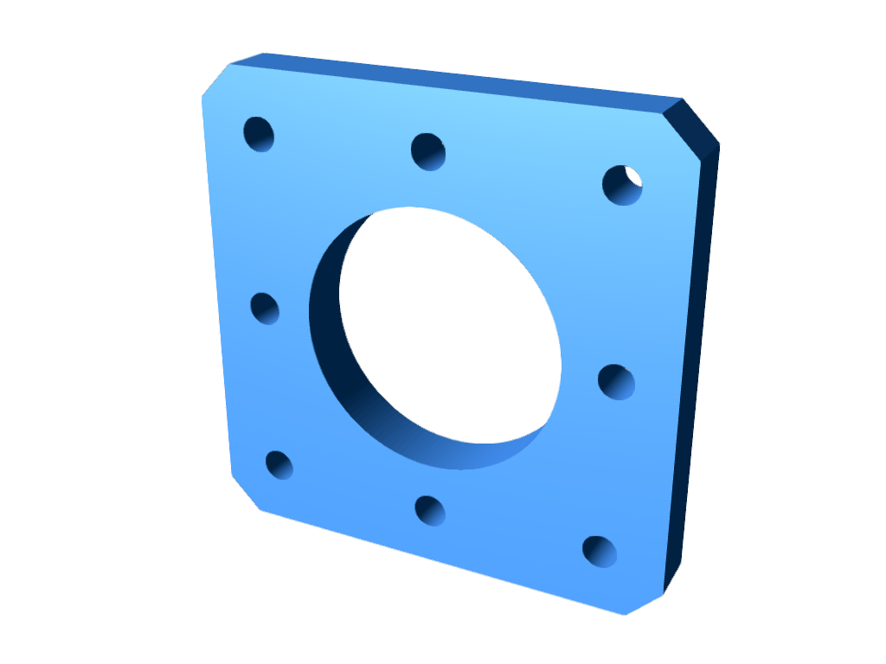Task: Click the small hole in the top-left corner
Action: pos(259,134)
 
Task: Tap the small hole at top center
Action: pos(428,151)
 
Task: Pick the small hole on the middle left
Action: pos(265,309)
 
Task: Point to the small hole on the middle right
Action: pos(616,382)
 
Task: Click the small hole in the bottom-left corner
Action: pos(279,465)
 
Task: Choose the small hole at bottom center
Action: pos(430,510)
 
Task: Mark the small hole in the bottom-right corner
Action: pos(600,552)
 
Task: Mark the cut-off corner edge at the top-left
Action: pos(215,80)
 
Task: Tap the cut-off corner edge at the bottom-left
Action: pos(246,493)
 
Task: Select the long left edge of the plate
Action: pos(216,285)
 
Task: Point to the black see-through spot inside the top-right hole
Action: pos(633,178)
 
